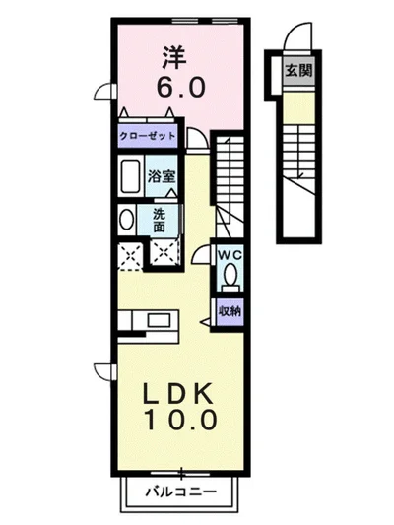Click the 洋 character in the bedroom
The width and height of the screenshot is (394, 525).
click(174, 57)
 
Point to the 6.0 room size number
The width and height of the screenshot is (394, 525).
click(180, 88)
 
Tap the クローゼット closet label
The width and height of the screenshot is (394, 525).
click(148, 136)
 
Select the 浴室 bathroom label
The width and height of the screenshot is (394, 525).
click(162, 176)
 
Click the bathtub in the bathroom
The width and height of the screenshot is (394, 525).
click(130, 176)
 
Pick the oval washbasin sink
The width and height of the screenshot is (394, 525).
click(126, 220)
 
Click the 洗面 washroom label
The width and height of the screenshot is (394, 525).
click(160, 221)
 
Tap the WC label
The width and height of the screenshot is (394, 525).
click(230, 255)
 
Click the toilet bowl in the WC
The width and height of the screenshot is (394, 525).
click(230, 275)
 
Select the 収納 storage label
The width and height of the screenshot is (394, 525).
click(230, 311)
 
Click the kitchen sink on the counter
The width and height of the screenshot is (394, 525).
click(158, 320)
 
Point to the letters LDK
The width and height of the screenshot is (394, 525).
click(177, 393)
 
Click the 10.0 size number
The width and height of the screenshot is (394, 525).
click(180, 420)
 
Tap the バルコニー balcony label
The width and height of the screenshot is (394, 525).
click(181, 492)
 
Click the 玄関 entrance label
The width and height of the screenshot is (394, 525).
click(298, 71)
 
